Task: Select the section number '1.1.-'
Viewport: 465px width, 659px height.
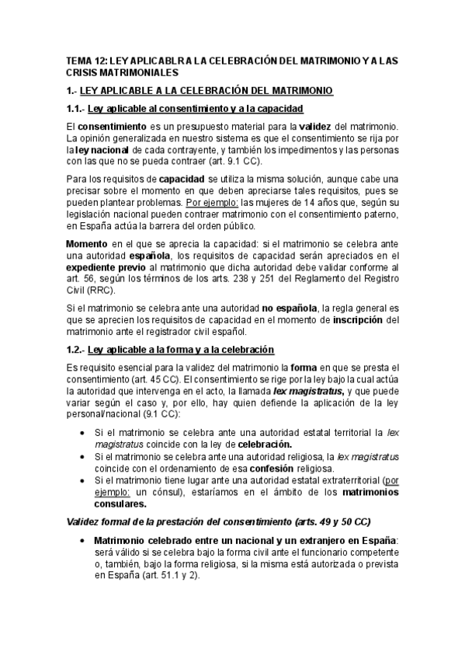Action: (x=75, y=108)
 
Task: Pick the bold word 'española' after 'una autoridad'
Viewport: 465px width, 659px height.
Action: (x=177, y=256)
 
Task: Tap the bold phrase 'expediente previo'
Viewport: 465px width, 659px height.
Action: (x=105, y=267)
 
